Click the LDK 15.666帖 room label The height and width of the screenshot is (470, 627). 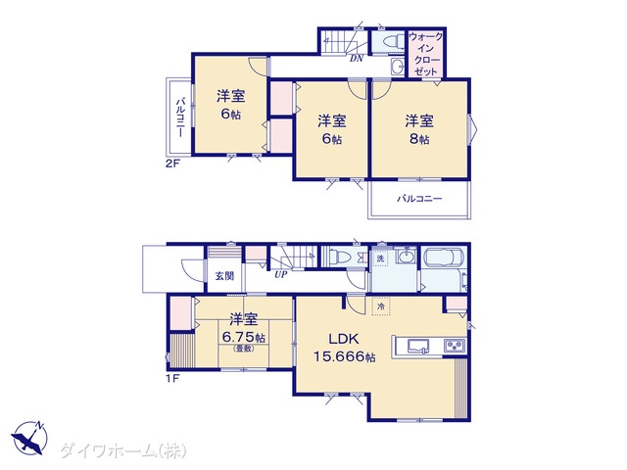tap(344, 348)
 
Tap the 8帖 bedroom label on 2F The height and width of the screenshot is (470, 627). tap(418, 129)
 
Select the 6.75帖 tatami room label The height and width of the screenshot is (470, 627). tap(243, 332)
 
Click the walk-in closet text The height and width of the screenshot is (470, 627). tap(426, 54)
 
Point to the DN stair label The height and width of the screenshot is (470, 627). tap(357, 59)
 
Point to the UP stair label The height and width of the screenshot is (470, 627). tap(281, 274)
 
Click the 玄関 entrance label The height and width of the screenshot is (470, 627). tap(224, 276)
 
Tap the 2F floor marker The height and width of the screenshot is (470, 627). tap(172, 164)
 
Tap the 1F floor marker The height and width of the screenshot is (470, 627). tap(172, 378)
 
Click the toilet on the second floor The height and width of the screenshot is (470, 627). tap(391, 41)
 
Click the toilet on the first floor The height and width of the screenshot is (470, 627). tap(338, 256)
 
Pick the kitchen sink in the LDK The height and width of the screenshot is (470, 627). tap(418, 346)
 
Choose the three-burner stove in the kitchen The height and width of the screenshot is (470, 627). tap(455, 346)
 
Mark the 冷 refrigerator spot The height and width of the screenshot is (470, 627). tap(381, 306)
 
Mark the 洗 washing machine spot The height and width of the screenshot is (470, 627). tap(380, 258)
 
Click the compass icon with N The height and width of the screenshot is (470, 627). tap(29, 438)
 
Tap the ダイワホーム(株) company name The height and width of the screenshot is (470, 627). tap(123, 451)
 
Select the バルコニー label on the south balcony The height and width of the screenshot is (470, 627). tap(419, 199)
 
